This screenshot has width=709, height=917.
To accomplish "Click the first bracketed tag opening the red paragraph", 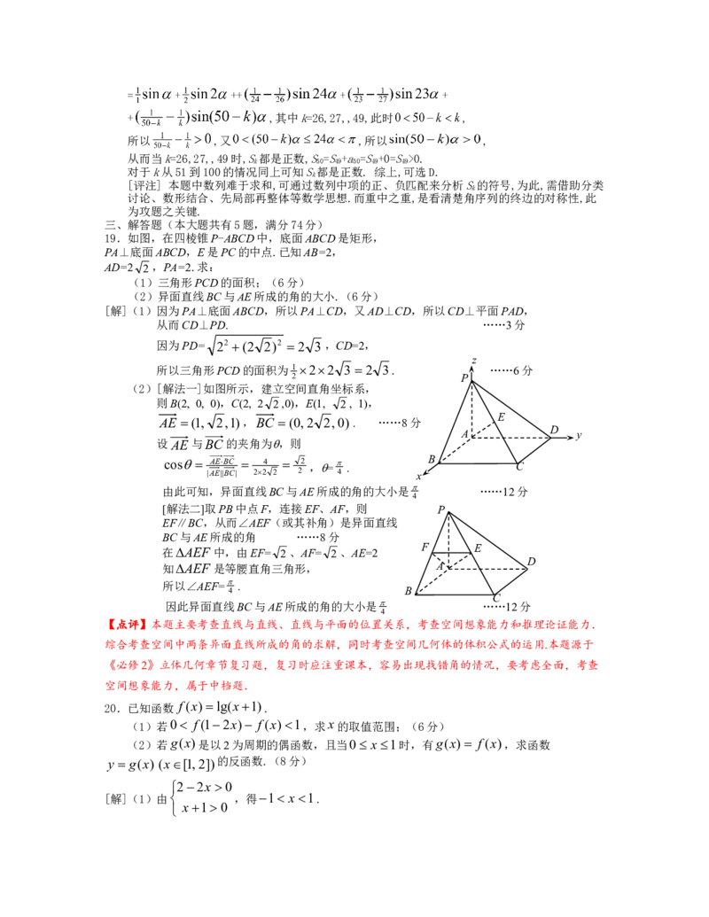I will point(121,624).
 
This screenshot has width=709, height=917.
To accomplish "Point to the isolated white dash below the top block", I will point(142,273).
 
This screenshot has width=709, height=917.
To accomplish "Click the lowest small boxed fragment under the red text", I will point(286,797).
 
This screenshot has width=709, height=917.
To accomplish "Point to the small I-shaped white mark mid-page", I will point(333,467).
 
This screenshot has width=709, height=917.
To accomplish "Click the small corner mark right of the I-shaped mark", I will point(417,493).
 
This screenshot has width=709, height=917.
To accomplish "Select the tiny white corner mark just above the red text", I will point(387,608).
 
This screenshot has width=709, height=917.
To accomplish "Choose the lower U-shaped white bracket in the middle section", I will point(280,551).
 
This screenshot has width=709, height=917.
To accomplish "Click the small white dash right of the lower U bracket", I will point(330,559).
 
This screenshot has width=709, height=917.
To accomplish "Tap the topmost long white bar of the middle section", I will point(261,357).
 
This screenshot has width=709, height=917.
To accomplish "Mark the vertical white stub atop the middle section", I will point(323,340).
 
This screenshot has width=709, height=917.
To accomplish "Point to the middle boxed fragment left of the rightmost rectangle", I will point(372,745).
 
